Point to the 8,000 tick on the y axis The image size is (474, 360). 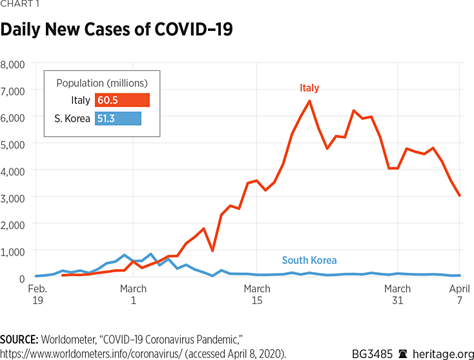12,65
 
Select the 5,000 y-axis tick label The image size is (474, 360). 12,145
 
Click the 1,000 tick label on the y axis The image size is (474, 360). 12,251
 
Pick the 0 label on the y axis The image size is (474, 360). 22,277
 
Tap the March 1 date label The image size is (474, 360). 133,295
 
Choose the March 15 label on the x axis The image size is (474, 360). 257,295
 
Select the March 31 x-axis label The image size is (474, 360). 397,295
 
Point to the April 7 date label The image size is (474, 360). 459,295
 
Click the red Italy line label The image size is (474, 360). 309,88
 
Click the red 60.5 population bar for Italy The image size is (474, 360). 122,100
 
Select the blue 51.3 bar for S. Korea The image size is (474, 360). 118,119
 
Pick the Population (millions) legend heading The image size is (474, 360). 102,83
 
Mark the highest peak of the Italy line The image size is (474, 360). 310,101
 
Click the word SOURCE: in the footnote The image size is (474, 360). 20,339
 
